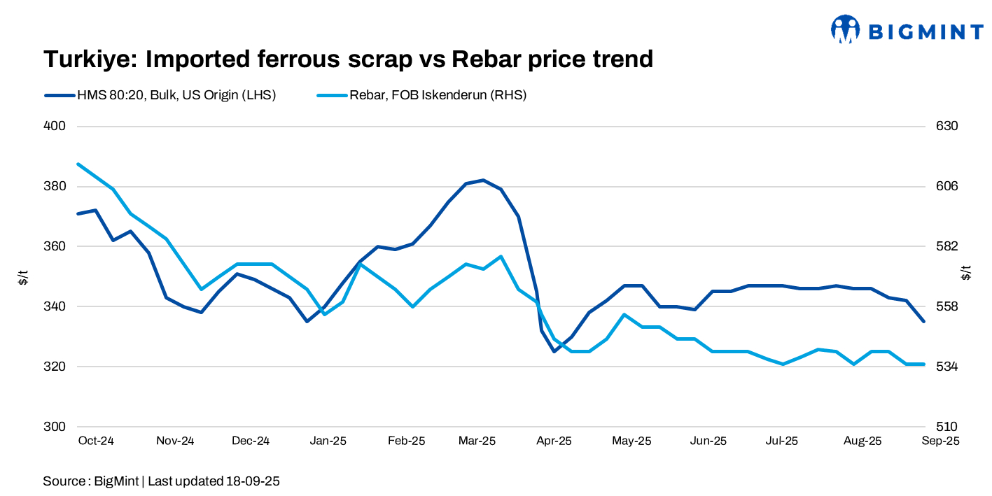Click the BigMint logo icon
tap(845, 29)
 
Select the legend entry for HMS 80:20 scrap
tap(160, 95)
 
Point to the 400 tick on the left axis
tap(55, 127)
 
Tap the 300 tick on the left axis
tap(55, 427)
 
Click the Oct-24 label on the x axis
tap(96, 441)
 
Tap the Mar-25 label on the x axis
tap(477, 441)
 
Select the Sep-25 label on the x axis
tap(940, 441)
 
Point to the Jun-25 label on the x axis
tap(708, 441)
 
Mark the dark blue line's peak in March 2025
tap(484, 180)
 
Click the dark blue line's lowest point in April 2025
tap(554, 351)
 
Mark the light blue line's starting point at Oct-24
tap(78, 164)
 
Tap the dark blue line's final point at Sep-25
tap(924, 321)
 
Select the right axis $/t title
tap(966, 273)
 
